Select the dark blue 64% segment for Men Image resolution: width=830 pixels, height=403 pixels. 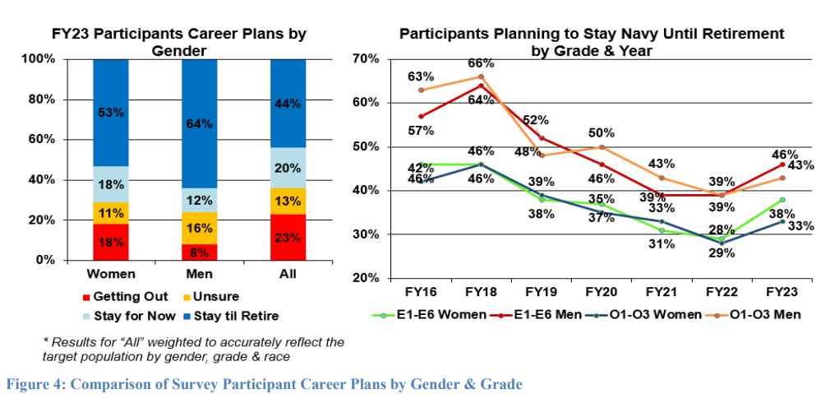point(199,123)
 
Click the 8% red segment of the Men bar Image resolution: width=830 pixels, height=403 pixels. point(199,252)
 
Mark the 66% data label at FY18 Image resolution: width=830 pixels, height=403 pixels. point(481,63)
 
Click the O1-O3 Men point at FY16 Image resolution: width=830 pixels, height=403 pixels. point(421,90)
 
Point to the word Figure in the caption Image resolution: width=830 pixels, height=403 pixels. point(25,383)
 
